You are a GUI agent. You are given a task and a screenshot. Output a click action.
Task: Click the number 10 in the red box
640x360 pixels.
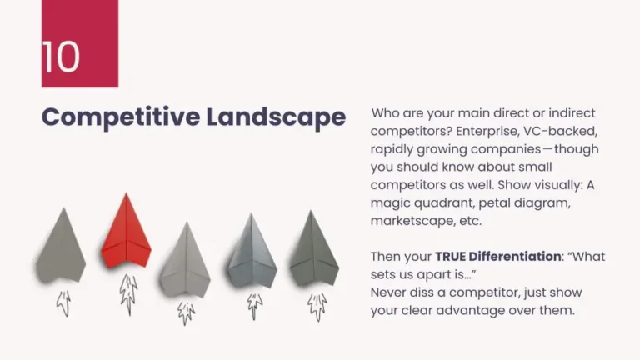tap(62, 56)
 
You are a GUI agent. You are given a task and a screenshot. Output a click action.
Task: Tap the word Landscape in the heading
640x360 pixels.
tap(277, 117)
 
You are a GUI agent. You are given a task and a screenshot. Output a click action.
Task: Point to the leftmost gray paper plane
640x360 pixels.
tap(60, 246)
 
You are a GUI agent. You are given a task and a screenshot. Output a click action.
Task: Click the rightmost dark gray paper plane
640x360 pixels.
tap(314, 250)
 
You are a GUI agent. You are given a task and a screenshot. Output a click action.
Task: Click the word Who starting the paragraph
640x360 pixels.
tap(387, 112)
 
